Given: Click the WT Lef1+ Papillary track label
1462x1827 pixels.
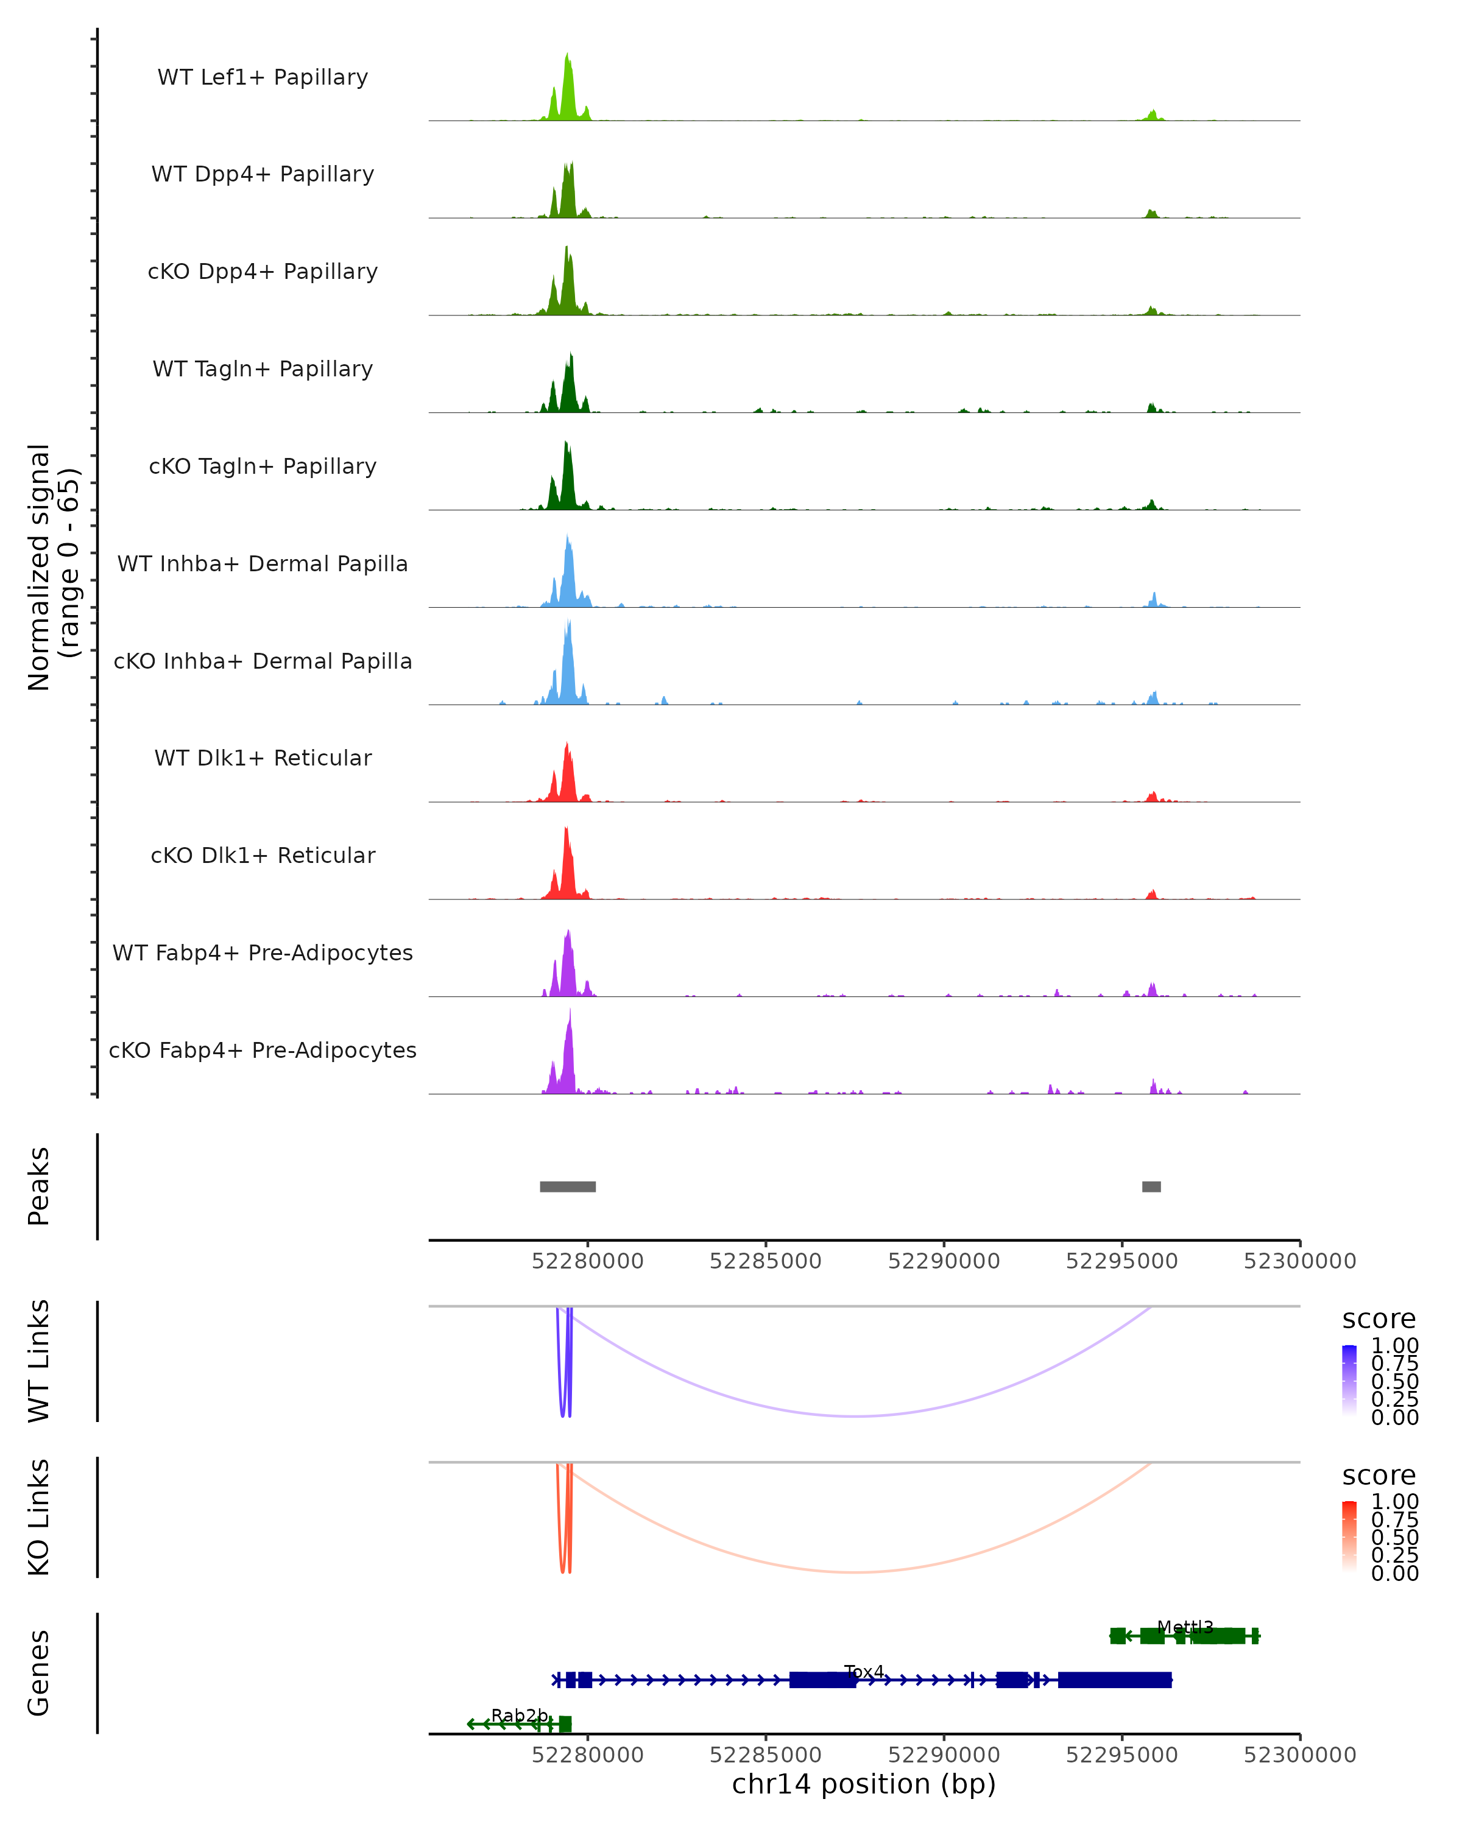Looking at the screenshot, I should click(x=263, y=77).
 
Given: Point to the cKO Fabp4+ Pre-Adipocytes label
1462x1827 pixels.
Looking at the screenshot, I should click(x=263, y=1050).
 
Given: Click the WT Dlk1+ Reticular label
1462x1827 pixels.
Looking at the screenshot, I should click(x=263, y=758).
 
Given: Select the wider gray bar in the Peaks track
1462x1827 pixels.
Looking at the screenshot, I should click(x=568, y=1186).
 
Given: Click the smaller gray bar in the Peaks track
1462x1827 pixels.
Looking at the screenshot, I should click(x=1151, y=1186).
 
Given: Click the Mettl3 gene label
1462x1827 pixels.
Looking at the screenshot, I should click(x=1185, y=1627).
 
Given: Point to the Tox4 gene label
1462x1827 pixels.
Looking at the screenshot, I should click(x=864, y=1672).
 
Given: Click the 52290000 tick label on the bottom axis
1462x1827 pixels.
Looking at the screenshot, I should click(x=944, y=1755).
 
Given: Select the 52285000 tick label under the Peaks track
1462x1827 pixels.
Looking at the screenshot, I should click(x=765, y=1261).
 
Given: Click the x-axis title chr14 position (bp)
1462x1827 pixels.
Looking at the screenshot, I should click(x=864, y=1784).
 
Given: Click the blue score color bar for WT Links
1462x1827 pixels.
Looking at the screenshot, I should click(x=1349, y=1381).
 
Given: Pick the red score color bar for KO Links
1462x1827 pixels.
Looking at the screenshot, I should click(x=1349, y=1537).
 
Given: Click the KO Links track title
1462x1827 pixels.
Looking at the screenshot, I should click(x=39, y=1517).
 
